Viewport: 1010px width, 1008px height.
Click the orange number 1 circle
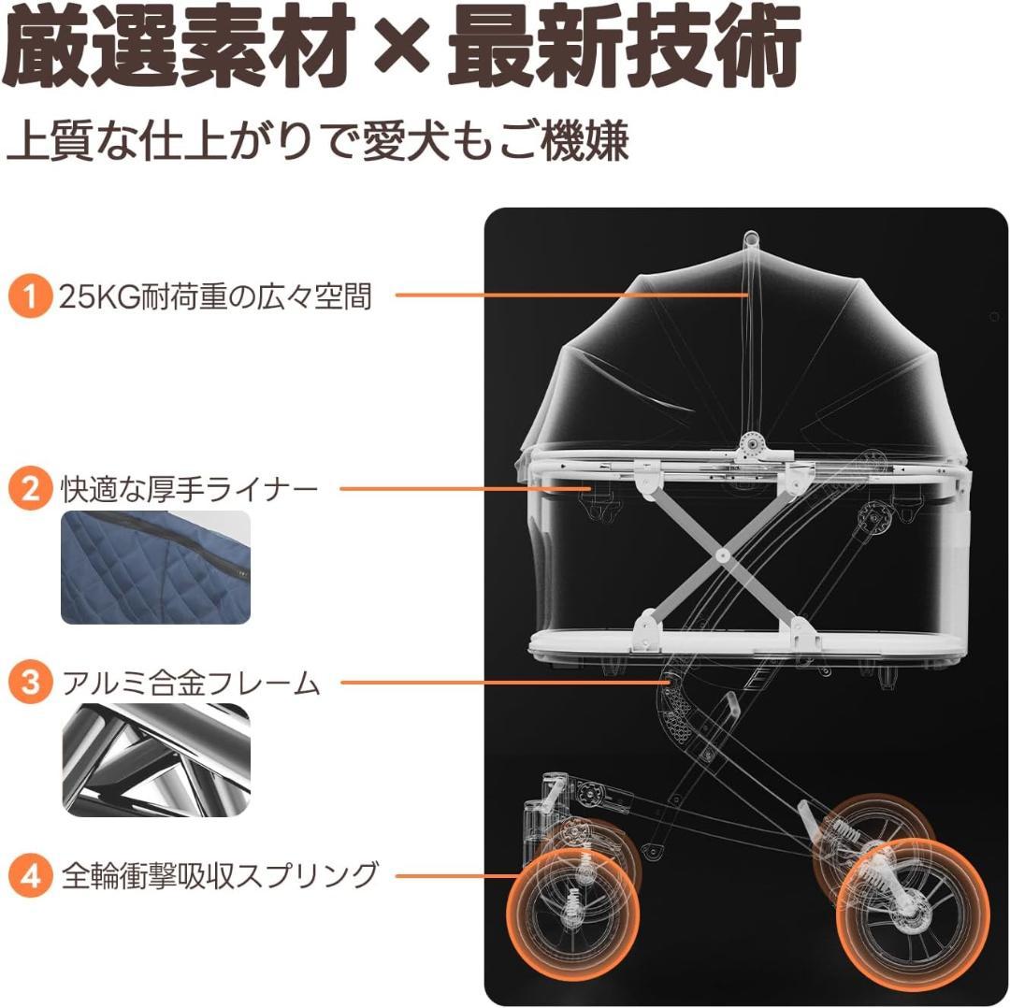pos(30,296)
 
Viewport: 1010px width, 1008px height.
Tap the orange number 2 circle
pos(30,489)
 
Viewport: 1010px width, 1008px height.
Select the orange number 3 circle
pos(30,682)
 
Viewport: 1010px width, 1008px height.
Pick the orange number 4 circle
pos(30,876)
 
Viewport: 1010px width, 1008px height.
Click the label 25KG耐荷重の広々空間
pos(215,297)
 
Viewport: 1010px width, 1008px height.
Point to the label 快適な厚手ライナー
pos(189,490)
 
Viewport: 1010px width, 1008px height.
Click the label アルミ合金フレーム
pos(191,683)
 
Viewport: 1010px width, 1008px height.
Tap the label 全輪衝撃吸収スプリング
pos(220,876)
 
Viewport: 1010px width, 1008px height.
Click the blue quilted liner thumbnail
pos(155,568)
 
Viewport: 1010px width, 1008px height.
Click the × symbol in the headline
pos(401,47)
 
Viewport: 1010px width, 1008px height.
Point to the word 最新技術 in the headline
pos(624,47)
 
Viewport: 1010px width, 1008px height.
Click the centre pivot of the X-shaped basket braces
pos(722,554)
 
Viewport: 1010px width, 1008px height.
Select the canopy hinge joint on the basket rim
pos(750,444)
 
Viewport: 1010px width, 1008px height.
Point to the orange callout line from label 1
pos(572,295)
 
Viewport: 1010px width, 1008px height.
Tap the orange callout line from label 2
pos(465,489)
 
